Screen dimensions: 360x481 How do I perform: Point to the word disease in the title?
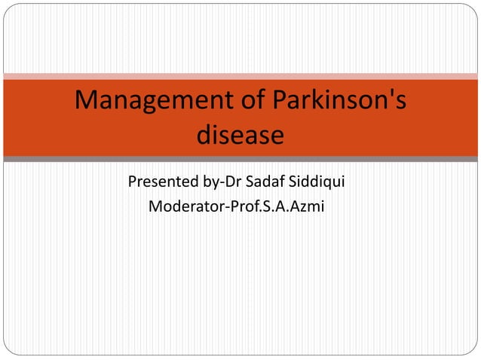pyautogui.click(x=240, y=136)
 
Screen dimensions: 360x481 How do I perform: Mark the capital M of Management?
pyautogui.click(x=87, y=102)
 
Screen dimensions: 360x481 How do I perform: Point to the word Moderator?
pyautogui.click(x=183, y=205)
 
